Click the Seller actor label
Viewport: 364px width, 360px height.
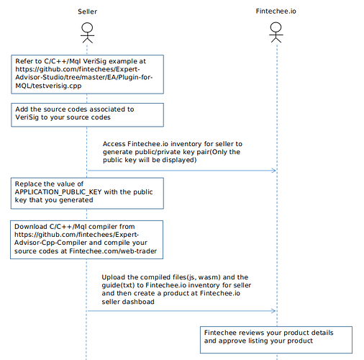87,12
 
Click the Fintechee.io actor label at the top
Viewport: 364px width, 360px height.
276,12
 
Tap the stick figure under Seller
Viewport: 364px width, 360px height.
87,33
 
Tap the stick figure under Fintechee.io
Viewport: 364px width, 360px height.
276,32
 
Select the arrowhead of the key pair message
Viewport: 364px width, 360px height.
273,171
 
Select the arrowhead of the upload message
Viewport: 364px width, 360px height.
273,311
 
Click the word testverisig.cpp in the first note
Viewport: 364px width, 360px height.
57,86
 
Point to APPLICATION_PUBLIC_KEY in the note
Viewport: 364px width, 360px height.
58,192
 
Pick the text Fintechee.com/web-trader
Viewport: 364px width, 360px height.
113,251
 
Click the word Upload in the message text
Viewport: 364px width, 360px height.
114,277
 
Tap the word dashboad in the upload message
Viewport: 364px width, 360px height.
140,302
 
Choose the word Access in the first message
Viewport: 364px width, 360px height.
114,144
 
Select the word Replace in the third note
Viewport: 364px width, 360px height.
26,184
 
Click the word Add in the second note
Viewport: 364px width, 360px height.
22,109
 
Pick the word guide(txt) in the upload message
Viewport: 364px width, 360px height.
118,286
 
